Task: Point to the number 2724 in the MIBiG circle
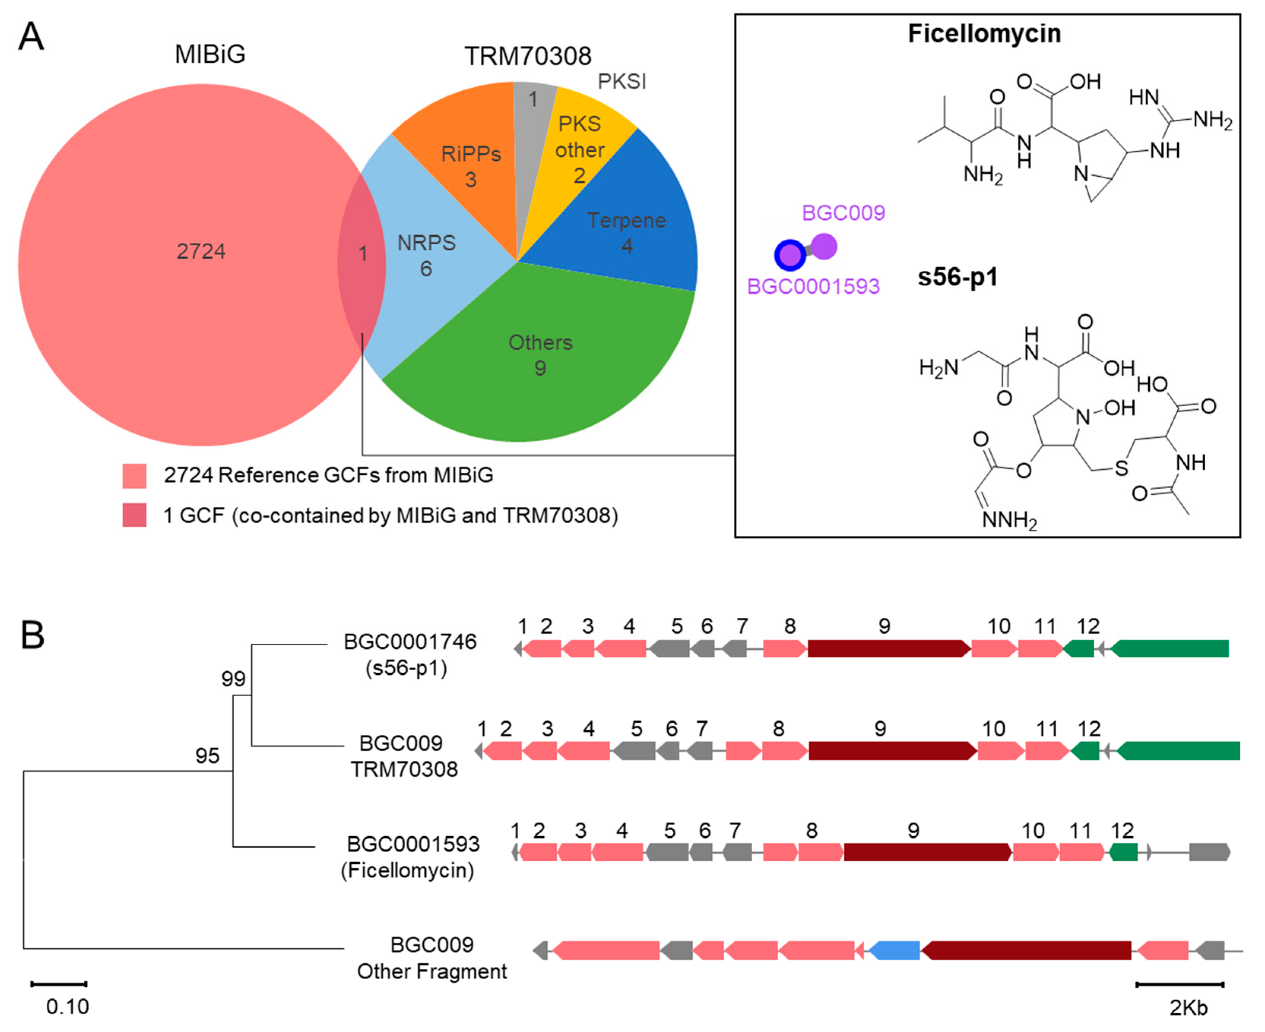tap(201, 252)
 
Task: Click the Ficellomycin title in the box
tap(984, 33)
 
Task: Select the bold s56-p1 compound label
tap(957, 277)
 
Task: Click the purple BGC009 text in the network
tap(843, 213)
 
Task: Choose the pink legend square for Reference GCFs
tap(135, 476)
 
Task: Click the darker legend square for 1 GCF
tap(135, 515)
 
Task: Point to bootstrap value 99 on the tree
tap(233, 678)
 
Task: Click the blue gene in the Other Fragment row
tap(895, 951)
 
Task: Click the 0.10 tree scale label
tap(68, 1007)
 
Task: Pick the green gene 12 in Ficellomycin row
tap(1123, 852)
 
